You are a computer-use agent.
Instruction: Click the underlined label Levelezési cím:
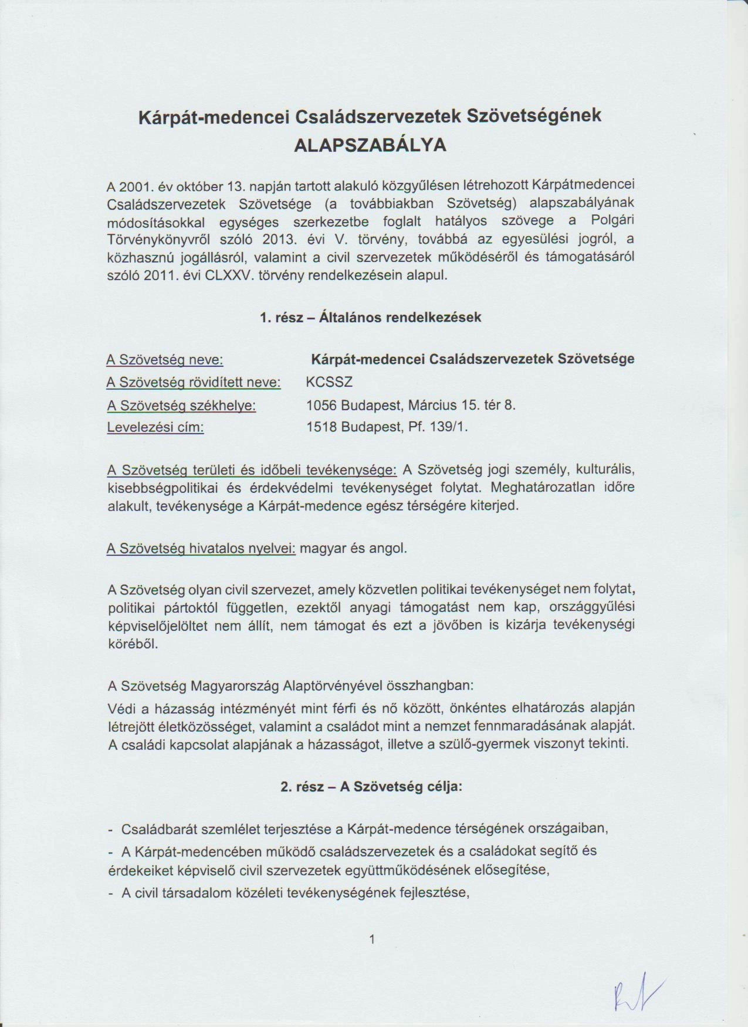click(x=155, y=428)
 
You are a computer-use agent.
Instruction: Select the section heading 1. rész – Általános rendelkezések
click(x=370, y=317)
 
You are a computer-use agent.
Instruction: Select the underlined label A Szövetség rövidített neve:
click(x=194, y=383)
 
